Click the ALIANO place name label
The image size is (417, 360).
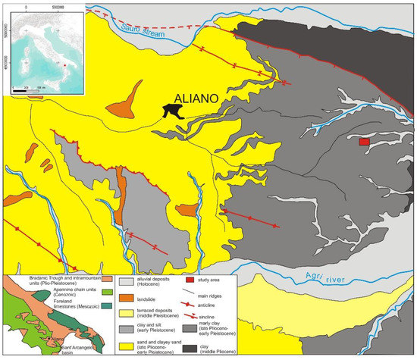(x=199, y=98)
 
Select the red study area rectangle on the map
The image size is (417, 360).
(x=364, y=142)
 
